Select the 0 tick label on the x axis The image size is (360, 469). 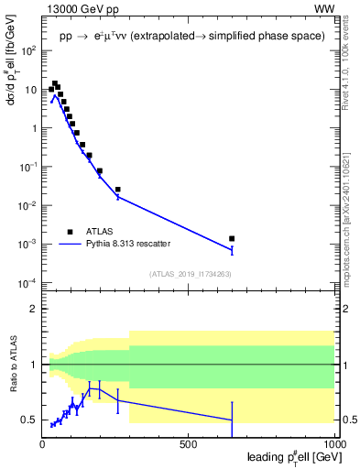click(43, 445)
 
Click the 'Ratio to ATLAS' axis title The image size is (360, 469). click(12, 365)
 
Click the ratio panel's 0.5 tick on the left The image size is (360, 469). click(29, 420)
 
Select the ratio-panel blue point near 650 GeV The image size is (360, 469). click(232, 420)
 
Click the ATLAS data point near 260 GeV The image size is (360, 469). click(118, 190)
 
